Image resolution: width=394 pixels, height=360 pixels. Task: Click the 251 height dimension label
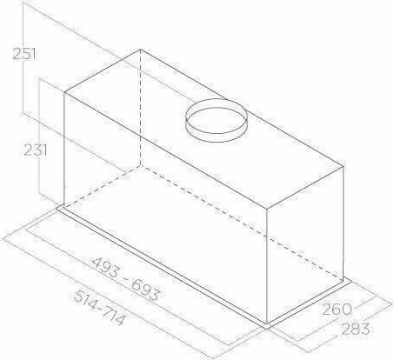point(24,54)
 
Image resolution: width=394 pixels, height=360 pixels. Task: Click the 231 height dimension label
point(35,150)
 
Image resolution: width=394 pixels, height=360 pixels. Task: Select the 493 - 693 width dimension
point(125,279)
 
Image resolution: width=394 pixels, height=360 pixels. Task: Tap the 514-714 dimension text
point(99,308)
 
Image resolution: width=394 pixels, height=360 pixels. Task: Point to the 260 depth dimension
point(337,310)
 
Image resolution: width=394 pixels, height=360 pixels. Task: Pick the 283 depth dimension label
point(356,329)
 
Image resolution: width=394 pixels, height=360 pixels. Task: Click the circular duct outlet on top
point(217,120)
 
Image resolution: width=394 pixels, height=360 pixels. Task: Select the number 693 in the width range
point(145,290)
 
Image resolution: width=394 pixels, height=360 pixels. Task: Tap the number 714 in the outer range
point(113,316)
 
